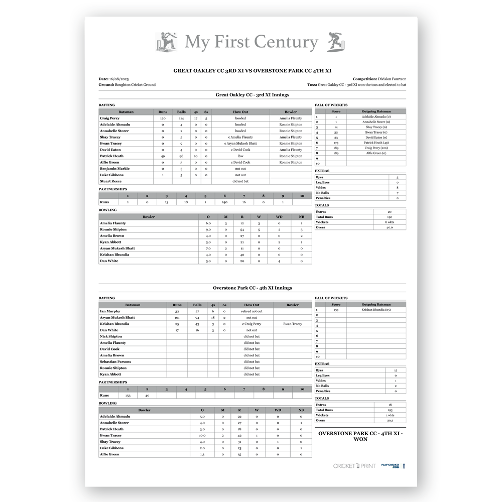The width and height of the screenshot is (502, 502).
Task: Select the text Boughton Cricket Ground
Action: [x=135, y=85]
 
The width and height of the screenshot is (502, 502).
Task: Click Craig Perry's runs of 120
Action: [x=163, y=118]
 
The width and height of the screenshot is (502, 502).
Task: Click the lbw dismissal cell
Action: [x=240, y=156]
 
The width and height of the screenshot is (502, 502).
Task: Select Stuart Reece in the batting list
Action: [x=110, y=181]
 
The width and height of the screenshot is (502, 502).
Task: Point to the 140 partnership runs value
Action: [x=224, y=202]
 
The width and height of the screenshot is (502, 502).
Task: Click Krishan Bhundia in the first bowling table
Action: [x=114, y=255]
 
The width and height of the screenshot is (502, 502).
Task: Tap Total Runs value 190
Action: [x=390, y=217]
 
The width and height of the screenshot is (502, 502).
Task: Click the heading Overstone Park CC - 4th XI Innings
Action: [x=252, y=288]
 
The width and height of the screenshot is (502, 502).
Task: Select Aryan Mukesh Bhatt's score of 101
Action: [x=177, y=318]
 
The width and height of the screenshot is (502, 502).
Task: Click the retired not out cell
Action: [x=252, y=311]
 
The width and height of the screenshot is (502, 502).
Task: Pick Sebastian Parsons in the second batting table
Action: [x=115, y=361]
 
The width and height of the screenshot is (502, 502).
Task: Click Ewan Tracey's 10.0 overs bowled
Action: [x=202, y=435]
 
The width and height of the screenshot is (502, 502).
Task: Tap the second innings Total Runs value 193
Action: [x=390, y=410]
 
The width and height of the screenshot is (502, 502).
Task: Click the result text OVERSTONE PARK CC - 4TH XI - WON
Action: [x=361, y=436]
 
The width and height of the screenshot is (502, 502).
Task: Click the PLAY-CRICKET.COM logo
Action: [x=390, y=466]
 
